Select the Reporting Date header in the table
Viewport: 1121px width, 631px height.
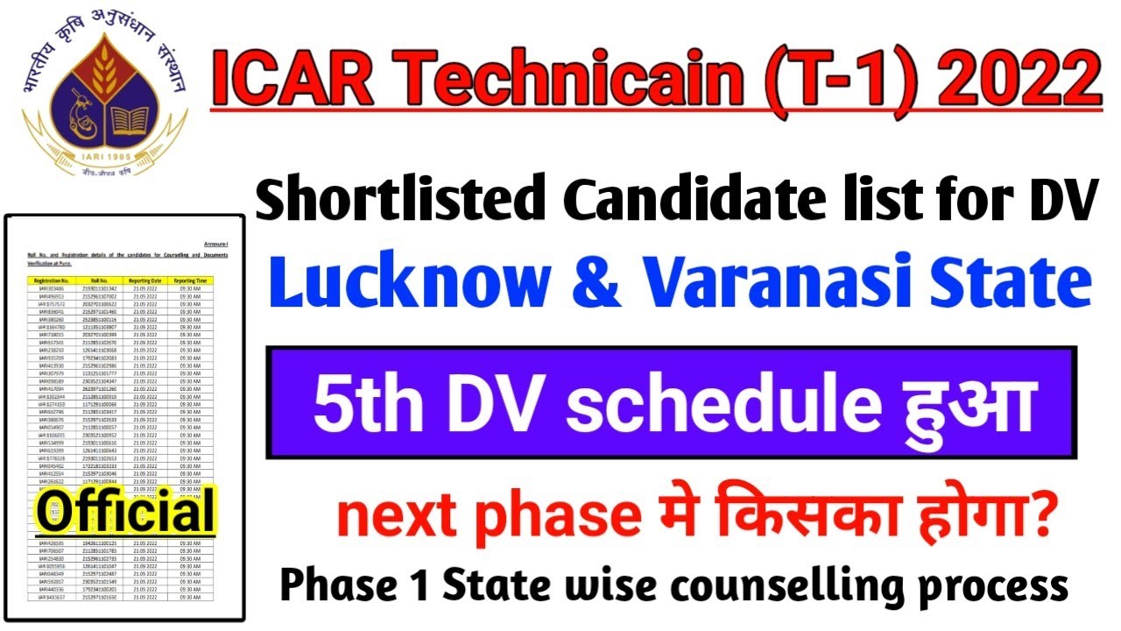(x=141, y=280)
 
